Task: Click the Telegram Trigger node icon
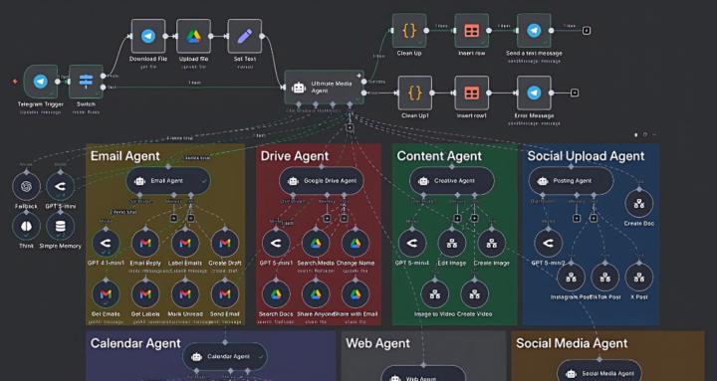(40, 83)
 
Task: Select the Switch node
(86, 83)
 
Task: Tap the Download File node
(147, 36)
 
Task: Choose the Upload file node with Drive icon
(194, 36)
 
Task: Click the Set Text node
(244, 36)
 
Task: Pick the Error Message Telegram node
(535, 93)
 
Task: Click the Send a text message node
(535, 30)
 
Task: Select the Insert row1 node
(472, 93)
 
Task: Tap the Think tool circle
(27, 225)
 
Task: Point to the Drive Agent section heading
(295, 156)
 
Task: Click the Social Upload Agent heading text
(586, 156)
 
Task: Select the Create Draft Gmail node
(224, 242)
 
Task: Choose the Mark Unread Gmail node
(184, 292)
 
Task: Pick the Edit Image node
(452, 242)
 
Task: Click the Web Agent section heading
(376, 344)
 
